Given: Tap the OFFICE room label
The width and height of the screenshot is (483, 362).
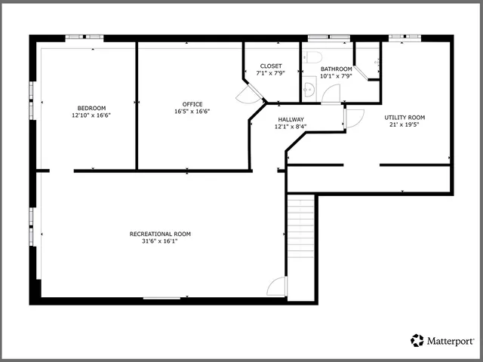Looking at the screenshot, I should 192,104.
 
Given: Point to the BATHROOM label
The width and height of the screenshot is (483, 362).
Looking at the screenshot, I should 336,69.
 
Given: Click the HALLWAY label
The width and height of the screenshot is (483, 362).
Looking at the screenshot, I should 291,119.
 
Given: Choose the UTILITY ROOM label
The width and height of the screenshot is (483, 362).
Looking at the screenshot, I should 405,118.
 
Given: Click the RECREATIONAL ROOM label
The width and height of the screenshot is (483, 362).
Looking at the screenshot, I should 160,234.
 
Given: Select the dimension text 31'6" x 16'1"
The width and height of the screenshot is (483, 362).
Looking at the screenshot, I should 160,241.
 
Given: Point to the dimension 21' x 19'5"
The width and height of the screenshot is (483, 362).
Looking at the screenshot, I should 405,125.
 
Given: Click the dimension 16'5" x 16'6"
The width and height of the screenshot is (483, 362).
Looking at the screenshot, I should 192,112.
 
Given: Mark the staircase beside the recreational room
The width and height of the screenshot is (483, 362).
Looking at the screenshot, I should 300,226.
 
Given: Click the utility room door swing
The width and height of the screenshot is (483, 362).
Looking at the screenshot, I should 355,118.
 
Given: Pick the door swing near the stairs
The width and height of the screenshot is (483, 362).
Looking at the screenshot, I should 278,287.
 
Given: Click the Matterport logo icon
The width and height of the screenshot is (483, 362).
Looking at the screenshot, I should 417,341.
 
